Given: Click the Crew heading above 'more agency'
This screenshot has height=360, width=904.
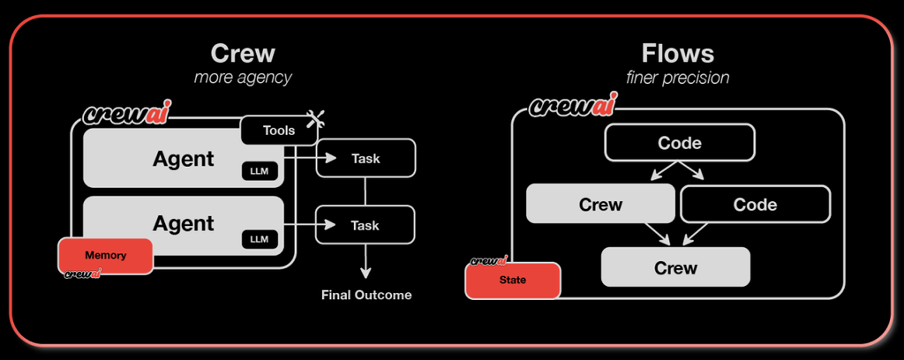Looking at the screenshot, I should [x=243, y=53].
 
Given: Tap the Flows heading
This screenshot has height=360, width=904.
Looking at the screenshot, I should [x=677, y=53].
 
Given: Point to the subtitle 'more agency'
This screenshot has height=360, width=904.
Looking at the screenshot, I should [x=243, y=78].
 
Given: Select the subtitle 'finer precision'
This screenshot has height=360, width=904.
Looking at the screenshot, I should [x=677, y=78].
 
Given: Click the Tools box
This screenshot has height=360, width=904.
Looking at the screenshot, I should [x=279, y=131].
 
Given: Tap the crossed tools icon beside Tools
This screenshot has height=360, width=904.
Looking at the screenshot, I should [x=312, y=120].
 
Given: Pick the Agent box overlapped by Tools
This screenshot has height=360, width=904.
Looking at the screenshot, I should [x=177, y=159].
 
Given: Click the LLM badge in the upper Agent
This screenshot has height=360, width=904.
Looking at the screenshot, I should [x=259, y=171].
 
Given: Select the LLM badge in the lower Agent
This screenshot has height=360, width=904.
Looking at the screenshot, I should [x=259, y=238].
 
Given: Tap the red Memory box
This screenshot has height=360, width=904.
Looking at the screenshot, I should [x=105, y=255].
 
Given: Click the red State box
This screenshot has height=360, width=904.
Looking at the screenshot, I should [x=513, y=281].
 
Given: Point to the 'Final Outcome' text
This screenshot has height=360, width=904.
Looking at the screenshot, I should [x=365, y=295].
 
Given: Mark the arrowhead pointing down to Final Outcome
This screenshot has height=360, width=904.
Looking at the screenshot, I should [x=365, y=273].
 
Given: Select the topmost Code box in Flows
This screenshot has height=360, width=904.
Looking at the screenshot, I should [x=680, y=143].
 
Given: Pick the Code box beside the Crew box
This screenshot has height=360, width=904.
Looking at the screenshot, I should [x=755, y=205].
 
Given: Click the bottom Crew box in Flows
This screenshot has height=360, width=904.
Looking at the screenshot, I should [x=675, y=267].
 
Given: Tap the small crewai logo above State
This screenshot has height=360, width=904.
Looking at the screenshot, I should [x=488, y=261].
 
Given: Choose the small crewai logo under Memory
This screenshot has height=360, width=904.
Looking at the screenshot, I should [x=81, y=274].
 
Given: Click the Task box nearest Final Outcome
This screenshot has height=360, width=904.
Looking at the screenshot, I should [x=365, y=225].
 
